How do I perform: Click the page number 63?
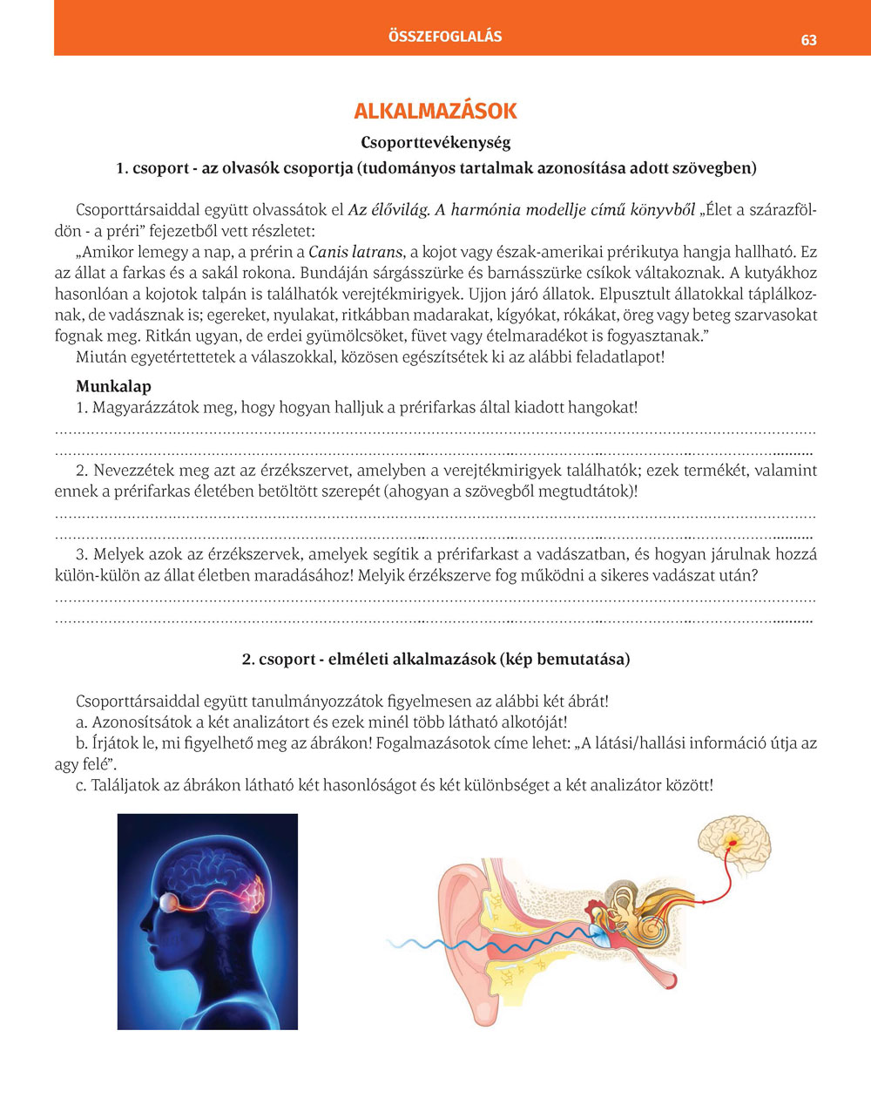point(808,40)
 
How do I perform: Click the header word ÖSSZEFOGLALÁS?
point(445,37)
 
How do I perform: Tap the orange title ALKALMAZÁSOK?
point(435,112)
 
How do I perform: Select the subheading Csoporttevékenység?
point(435,142)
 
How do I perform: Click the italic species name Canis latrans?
point(355,253)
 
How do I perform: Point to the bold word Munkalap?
point(113,386)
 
